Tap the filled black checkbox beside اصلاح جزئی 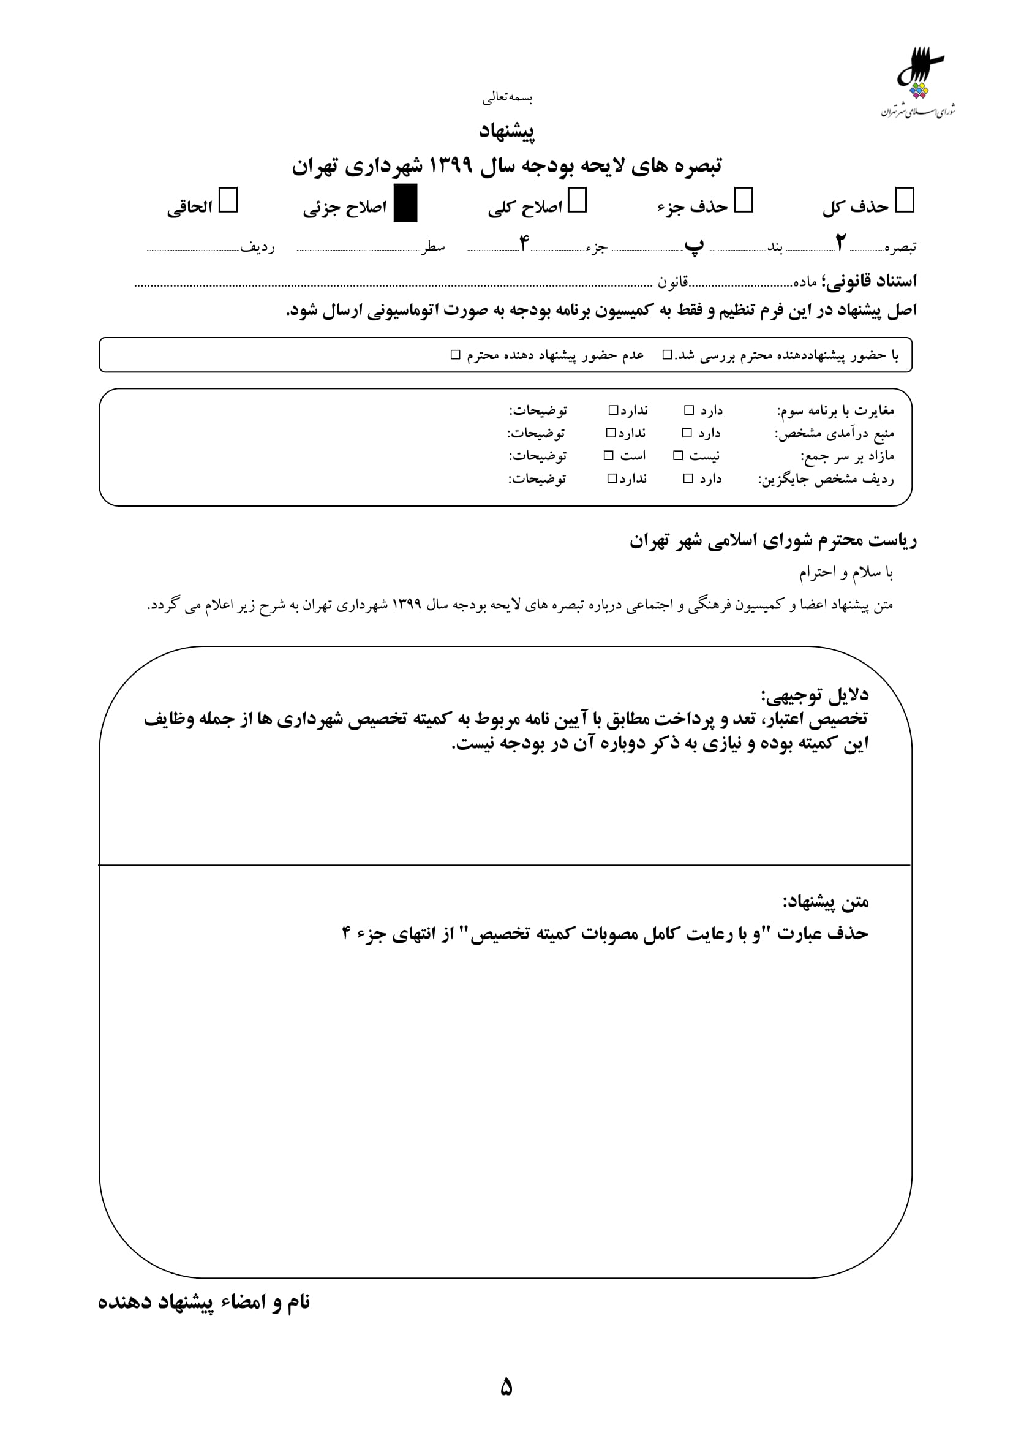click(x=405, y=203)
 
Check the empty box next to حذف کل click(x=904, y=201)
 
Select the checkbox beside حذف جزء click(x=744, y=201)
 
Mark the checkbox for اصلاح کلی click(x=577, y=201)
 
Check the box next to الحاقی click(x=228, y=201)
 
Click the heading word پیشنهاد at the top click(x=506, y=131)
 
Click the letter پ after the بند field click(x=694, y=244)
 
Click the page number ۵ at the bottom click(x=506, y=1387)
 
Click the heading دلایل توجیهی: click(x=814, y=695)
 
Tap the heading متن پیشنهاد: click(x=825, y=901)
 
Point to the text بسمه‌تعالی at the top click(x=507, y=97)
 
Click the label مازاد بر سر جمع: click(x=846, y=456)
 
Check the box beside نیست click(x=678, y=456)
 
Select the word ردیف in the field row click(x=258, y=247)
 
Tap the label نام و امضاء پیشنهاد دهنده click(x=204, y=1303)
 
